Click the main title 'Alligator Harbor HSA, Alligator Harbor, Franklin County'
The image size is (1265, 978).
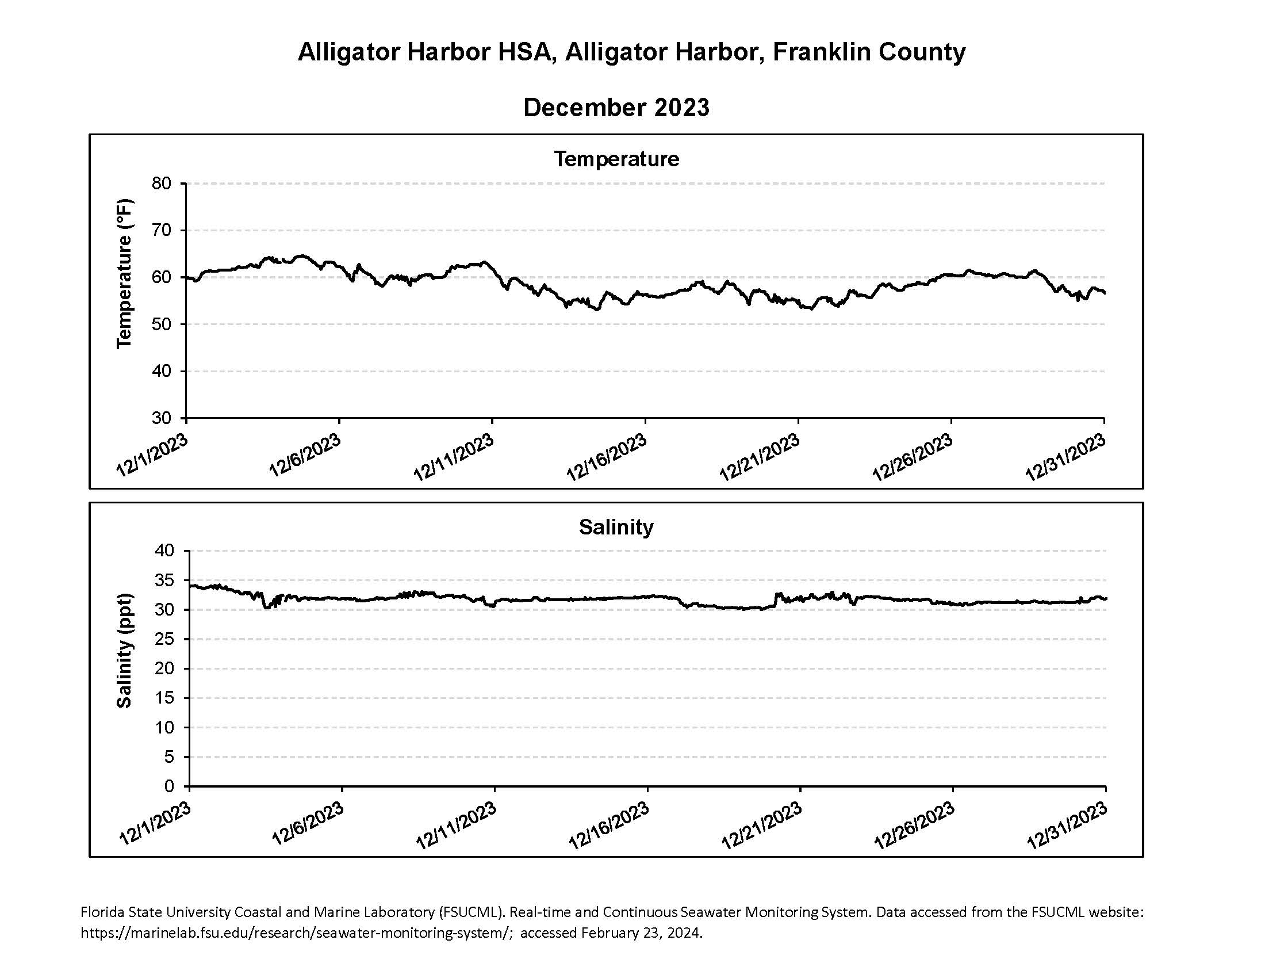[631, 52]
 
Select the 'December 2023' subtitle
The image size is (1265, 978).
[616, 108]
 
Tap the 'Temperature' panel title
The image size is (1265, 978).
[616, 159]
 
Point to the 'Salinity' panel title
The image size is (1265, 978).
[616, 527]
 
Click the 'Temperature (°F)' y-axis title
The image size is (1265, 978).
[124, 274]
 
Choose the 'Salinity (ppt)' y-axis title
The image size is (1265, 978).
[124, 651]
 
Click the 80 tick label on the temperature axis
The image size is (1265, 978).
[162, 184]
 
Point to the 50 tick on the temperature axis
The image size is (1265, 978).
[162, 324]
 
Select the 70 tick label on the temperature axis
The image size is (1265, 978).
[162, 231]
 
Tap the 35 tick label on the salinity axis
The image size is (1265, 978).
[164, 580]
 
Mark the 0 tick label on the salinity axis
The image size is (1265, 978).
[169, 786]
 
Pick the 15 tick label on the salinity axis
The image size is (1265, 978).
[164, 698]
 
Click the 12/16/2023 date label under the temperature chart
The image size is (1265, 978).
[607, 457]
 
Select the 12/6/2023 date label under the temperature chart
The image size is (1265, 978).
[305, 456]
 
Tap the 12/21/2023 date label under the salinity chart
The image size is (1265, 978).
[762, 826]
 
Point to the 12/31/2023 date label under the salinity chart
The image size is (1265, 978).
[1068, 826]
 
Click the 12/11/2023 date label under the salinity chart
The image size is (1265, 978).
[456, 826]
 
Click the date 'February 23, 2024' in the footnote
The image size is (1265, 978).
[641, 933]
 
